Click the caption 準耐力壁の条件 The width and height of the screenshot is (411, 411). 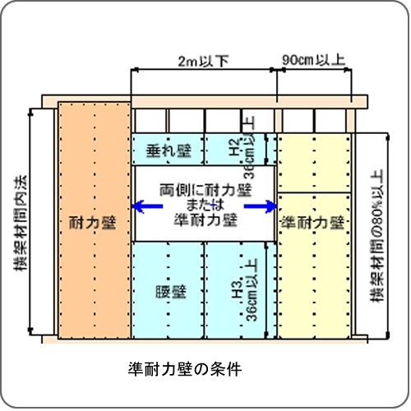click(185, 369)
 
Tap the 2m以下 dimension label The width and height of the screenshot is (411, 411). click(203, 61)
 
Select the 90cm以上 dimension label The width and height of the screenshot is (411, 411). click(313, 60)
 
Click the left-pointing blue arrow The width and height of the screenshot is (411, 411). click(148, 206)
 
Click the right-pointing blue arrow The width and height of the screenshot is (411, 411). click(260, 206)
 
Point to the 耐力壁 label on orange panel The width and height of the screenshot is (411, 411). click(93, 222)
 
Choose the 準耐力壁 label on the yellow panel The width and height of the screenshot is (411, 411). click(313, 222)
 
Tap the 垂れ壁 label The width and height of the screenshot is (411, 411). click(169, 150)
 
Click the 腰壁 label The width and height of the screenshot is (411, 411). click(171, 292)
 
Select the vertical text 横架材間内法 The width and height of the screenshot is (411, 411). click(21, 223)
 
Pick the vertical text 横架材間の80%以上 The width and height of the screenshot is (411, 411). click(377, 236)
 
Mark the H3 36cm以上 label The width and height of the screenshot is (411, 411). click(245, 290)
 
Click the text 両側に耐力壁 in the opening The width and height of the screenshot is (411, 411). click(205, 190)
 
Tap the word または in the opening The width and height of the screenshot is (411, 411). click(205, 205)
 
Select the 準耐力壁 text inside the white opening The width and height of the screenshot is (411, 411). click(205, 219)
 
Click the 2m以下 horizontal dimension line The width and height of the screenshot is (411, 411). click(204, 70)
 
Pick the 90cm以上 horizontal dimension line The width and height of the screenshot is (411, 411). click(314, 70)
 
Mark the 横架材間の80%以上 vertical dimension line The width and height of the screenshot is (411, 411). click(387, 236)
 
